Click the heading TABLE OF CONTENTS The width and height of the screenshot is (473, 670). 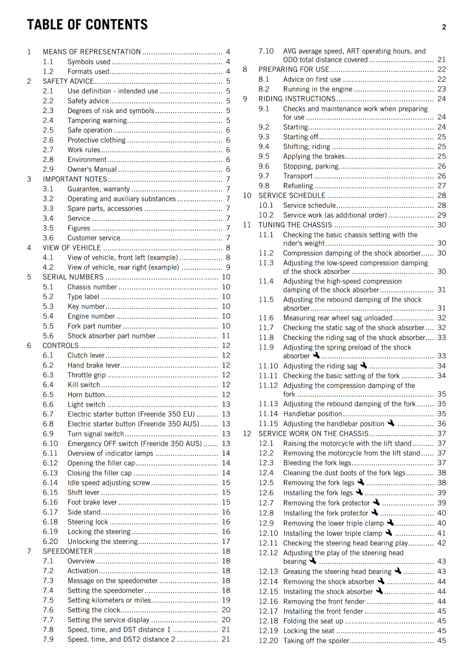coord(87,25)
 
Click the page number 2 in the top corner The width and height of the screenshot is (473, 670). coord(444,27)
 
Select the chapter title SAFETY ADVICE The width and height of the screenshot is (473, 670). coord(68,81)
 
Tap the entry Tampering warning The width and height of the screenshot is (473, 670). coord(97,121)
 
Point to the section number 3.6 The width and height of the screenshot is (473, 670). coord(48,238)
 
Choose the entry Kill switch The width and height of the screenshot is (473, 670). coord(84,385)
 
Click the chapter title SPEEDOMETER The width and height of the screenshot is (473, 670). coord(68,551)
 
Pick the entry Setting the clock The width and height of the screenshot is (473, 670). coord(94,610)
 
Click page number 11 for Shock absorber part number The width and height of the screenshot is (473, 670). coord(226,336)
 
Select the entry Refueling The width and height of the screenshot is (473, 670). coord(298,186)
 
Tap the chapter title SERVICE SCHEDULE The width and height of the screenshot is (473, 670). coord(292,196)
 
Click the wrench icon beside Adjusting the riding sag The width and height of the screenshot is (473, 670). coord(363,366)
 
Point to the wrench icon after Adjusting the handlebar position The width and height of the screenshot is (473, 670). coord(391,423)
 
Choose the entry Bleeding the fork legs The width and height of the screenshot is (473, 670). coord(317,463)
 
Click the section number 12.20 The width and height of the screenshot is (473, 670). coord(268,641)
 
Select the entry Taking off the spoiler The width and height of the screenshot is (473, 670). coord(316,641)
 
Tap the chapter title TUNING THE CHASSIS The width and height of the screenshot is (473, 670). coord(295,225)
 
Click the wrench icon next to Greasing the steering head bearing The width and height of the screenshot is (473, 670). coord(398,571)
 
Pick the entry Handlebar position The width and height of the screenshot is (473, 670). coord(312,414)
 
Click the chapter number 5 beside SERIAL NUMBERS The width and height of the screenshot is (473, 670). coord(29,277)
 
